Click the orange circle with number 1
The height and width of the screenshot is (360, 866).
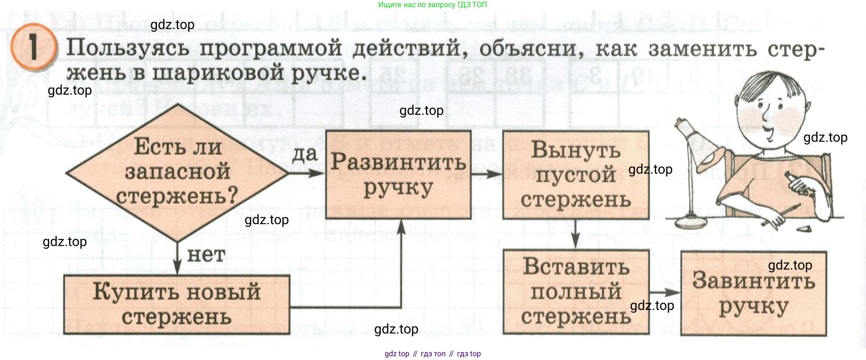click(x=33, y=47)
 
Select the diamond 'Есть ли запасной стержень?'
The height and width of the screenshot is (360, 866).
click(x=177, y=172)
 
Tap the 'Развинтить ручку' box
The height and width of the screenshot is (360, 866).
click(x=398, y=175)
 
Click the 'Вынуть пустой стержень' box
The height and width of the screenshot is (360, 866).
click(x=576, y=175)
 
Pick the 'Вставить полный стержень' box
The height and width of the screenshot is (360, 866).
click(x=576, y=292)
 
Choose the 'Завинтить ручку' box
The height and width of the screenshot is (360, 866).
click(x=753, y=294)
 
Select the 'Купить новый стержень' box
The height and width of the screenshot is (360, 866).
click(x=177, y=304)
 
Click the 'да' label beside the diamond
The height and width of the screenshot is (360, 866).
click(x=305, y=154)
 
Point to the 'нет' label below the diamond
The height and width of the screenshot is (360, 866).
click(x=206, y=255)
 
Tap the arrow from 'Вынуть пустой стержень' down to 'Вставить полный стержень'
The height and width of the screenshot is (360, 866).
click(x=576, y=235)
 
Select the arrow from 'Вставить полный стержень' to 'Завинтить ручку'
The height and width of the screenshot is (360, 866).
click(x=665, y=292)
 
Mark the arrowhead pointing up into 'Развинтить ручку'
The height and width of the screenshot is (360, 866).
click(x=401, y=227)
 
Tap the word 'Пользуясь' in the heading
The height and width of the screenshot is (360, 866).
click(x=128, y=48)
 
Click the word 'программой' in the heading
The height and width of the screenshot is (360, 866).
click(x=271, y=48)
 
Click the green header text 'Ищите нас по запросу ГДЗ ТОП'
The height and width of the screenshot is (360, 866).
click(x=433, y=5)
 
